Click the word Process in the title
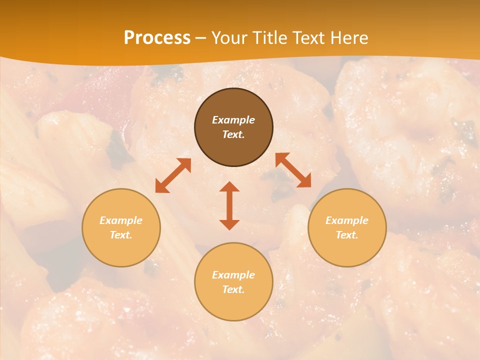click(157, 37)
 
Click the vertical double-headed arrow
click(229, 205)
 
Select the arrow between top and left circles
click(173, 175)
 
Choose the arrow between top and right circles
click(293, 170)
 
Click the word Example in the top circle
click(233, 120)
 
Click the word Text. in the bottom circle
click(233, 289)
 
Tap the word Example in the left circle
click(121, 220)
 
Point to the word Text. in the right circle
click(347, 235)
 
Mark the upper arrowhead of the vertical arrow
click(229, 186)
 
